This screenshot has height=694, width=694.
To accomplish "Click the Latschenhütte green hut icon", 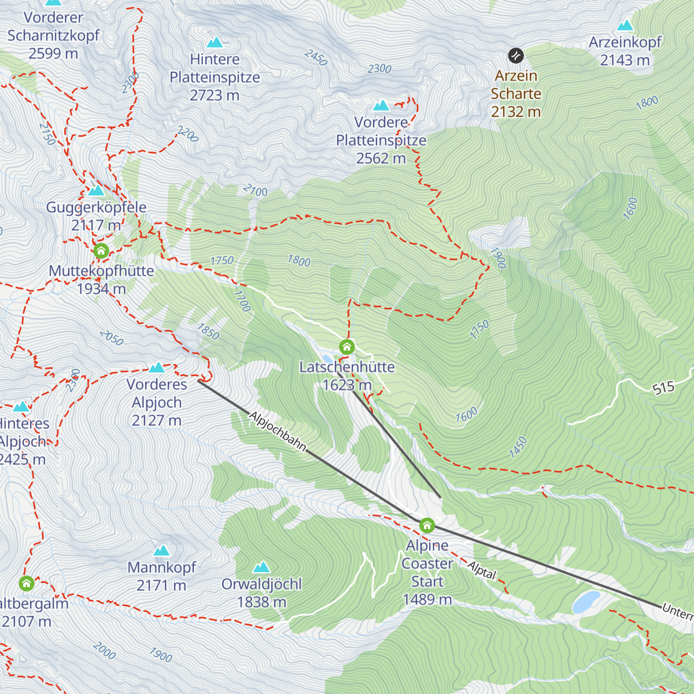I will click(x=346, y=346).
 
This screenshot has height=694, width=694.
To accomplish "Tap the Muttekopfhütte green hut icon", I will click(x=101, y=251).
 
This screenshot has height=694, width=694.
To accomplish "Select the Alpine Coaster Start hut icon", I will click(x=427, y=525).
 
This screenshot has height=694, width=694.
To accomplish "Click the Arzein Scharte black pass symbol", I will click(x=515, y=56).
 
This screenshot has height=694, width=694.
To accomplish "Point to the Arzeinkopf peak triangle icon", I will click(x=625, y=25).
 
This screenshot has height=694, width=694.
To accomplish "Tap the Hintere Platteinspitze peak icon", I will click(x=215, y=42).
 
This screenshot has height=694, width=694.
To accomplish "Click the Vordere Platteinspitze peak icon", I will click(x=381, y=105).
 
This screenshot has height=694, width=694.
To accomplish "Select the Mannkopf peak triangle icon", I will click(x=161, y=550).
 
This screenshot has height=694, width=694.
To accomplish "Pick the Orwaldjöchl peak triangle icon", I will click(x=261, y=567).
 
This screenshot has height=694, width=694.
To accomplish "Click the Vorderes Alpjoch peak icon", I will click(x=157, y=367).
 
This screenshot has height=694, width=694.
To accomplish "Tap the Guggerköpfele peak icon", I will click(x=96, y=190).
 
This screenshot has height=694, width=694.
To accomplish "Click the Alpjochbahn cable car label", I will click(x=278, y=431).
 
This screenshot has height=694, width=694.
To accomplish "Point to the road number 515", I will click(x=663, y=387).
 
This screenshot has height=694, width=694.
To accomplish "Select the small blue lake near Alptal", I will click(x=586, y=601).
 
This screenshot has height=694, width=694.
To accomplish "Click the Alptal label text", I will click(x=482, y=570).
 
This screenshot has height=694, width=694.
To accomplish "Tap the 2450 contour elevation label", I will click(x=316, y=58).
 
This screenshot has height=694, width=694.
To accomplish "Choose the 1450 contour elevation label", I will click(x=518, y=448).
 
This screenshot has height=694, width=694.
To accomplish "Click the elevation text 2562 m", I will click(x=381, y=158).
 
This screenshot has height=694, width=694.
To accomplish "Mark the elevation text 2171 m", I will click(x=161, y=586).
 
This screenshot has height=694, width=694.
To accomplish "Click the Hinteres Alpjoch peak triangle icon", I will click(x=21, y=407).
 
